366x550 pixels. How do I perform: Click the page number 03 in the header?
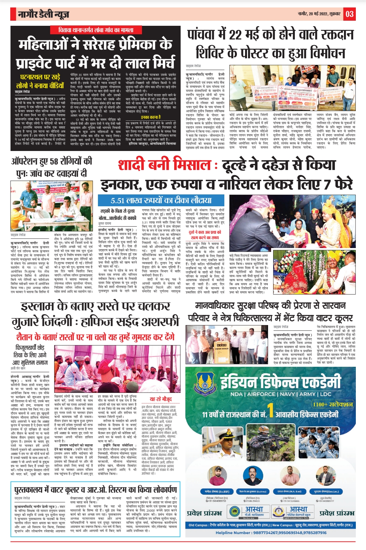click(x=349, y=14)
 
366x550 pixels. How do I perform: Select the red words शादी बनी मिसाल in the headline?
click(x=165, y=165)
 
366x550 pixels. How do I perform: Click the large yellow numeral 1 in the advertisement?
click(x=270, y=410)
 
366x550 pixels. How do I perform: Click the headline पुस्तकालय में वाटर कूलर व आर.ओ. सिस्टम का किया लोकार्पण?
click(x=96, y=490)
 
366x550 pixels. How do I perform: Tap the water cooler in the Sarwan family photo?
click(x=222, y=347)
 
